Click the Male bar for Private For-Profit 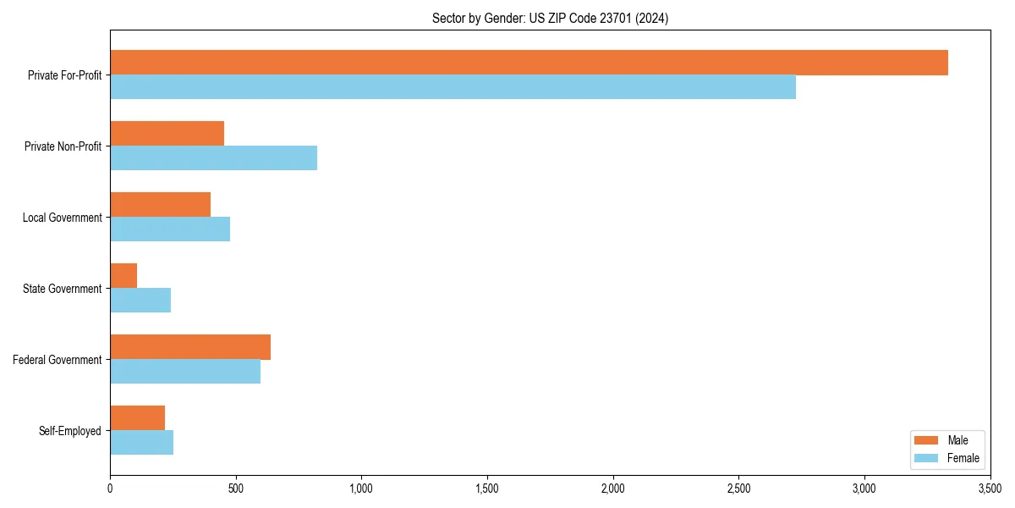point(529,63)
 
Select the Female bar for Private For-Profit point(453,87)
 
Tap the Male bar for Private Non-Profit point(167,134)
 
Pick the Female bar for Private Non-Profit point(213,158)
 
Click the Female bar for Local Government point(170,229)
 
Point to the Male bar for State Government point(123,276)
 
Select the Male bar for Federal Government point(190,347)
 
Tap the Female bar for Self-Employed point(141,443)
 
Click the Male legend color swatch point(927,440)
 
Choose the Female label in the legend point(963,458)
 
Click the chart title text point(550,19)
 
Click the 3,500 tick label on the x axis point(990,489)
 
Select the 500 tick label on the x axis point(236,489)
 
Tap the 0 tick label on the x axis point(110,489)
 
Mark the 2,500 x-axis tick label point(738,489)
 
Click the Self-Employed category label point(70,431)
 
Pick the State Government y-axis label point(63,289)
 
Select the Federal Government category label point(58,360)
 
